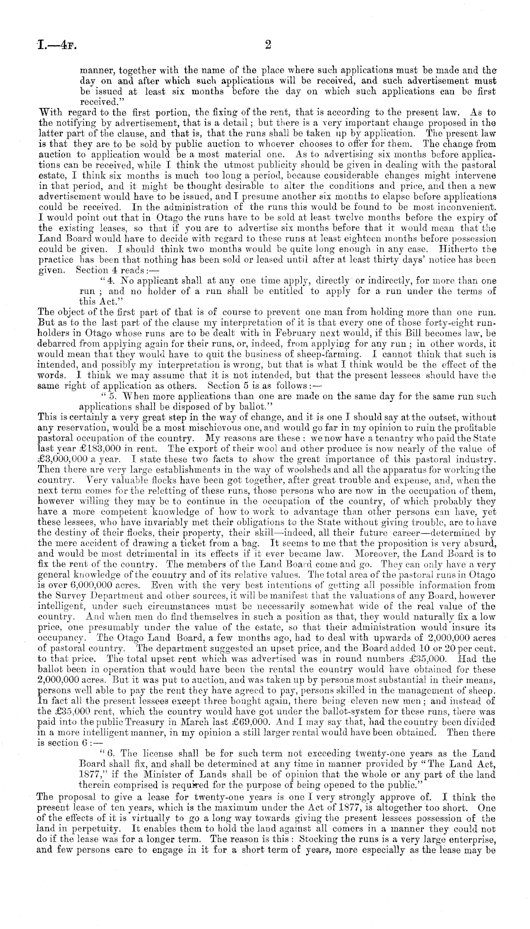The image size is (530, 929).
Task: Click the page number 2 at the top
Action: [x=267, y=45]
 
